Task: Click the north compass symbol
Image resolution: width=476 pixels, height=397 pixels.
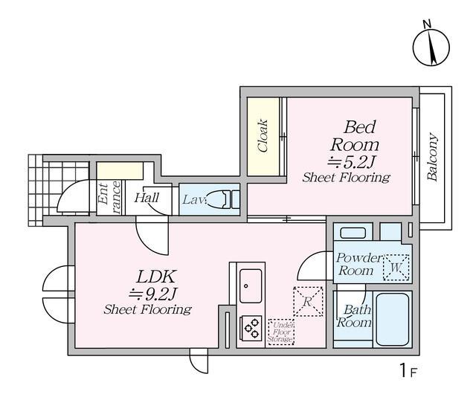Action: [x=431, y=46]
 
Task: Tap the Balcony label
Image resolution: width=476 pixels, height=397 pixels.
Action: [x=432, y=157]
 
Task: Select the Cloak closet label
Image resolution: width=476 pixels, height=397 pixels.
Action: [x=263, y=135]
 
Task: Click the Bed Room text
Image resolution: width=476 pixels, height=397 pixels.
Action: [x=355, y=136]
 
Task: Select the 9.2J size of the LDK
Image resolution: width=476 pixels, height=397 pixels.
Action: [x=153, y=294]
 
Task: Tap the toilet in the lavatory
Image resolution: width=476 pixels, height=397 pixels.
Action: [x=222, y=199]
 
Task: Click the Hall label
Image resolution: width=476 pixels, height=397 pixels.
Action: [x=147, y=198]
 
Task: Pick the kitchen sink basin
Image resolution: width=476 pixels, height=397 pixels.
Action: [x=251, y=285]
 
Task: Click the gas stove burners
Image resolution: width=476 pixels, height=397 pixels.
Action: [x=251, y=328]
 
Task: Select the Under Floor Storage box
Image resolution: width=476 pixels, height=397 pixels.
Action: [x=281, y=331]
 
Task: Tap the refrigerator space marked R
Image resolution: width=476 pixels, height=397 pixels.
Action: [x=308, y=302]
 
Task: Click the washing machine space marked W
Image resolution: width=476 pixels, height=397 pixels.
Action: [x=396, y=268]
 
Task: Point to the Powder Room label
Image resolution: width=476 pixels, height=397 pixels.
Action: [x=358, y=264]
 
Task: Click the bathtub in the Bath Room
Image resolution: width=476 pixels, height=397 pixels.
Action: [x=393, y=319]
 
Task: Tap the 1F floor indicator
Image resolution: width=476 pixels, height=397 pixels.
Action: [x=408, y=370]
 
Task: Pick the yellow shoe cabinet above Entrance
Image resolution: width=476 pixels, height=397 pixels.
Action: [x=120, y=171]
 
